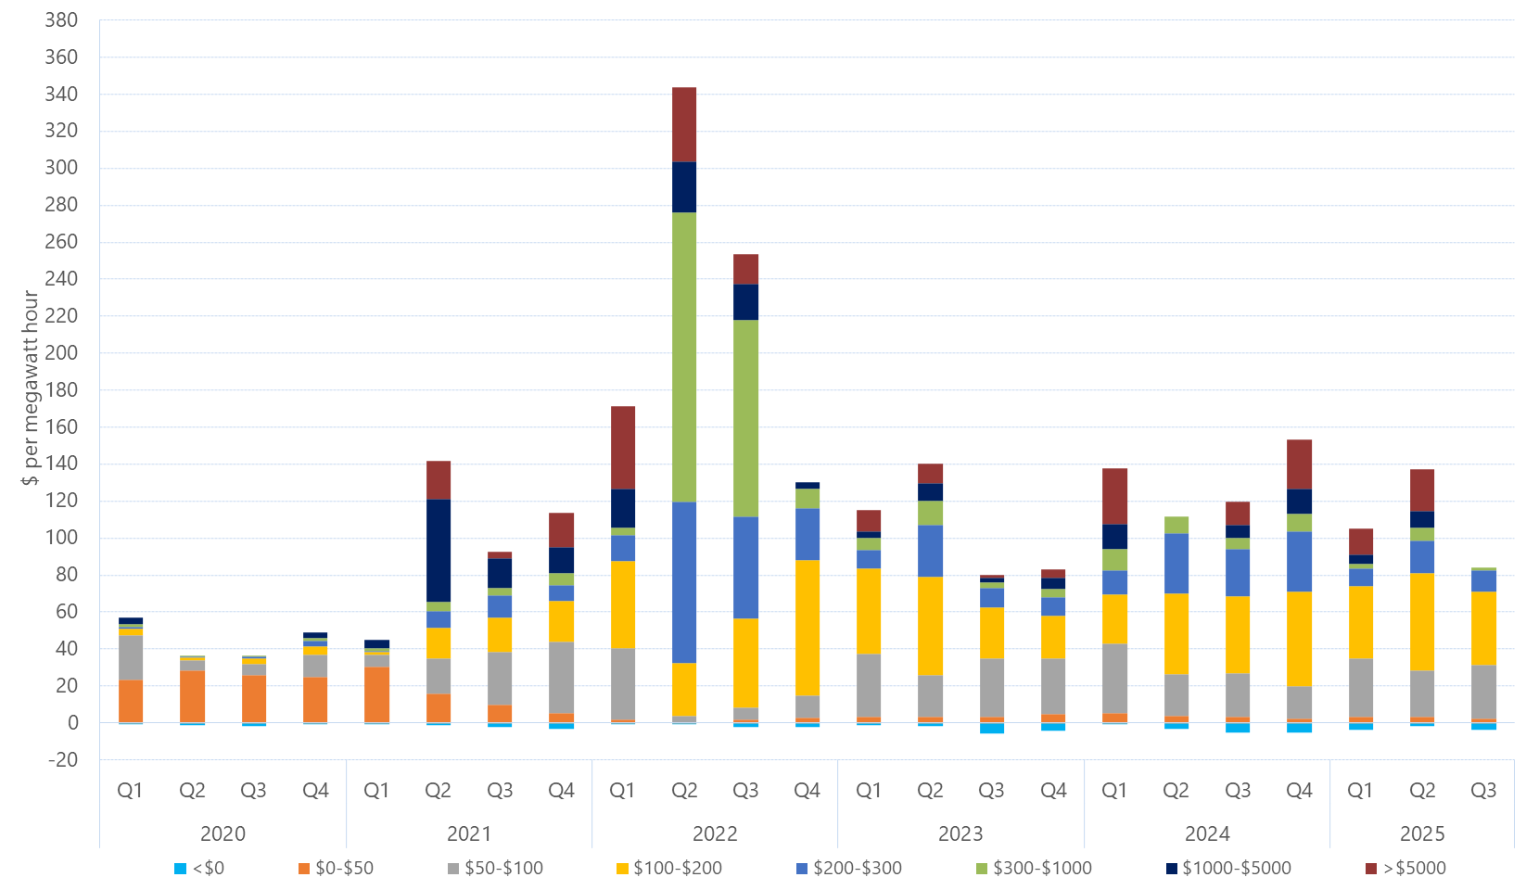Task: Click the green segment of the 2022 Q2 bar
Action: [x=684, y=357]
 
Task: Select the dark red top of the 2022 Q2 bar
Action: [x=684, y=124]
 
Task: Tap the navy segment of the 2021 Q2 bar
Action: [x=439, y=551]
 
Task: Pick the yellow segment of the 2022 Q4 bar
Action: [x=808, y=627]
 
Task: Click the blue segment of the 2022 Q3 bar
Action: [x=745, y=567]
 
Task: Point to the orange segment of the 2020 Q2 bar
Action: [x=192, y=695]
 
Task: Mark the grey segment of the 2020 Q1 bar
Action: [x=131, y=657]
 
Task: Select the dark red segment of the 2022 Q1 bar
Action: [x=623, y=448]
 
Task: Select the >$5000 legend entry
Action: [x=1405, y=869]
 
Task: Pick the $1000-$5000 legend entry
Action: [x=1228, y=869]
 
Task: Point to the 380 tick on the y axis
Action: [x=61, y=20]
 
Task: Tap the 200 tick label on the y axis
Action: [x=61, y=353]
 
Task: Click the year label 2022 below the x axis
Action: [x=715, y=833]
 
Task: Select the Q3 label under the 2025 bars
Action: [x=1483, y=791]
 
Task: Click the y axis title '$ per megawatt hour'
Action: [x=31, y=388]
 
